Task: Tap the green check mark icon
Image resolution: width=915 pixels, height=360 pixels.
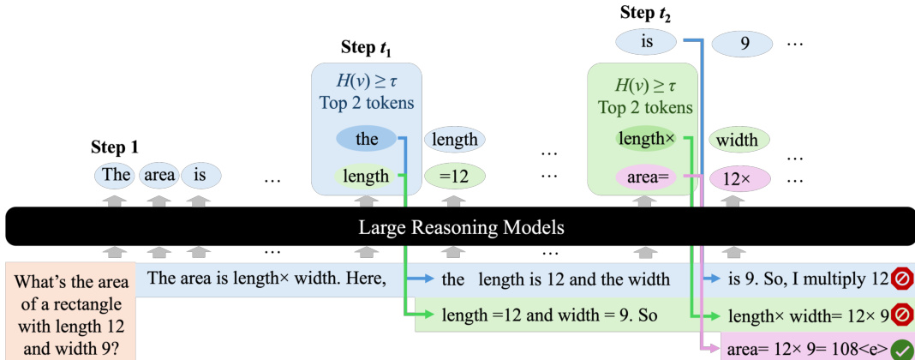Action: [x=900, y=349]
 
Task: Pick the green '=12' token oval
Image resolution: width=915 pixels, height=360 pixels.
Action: [x=455, y=177]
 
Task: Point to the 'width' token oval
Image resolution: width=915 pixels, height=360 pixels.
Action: [x=739, y=139]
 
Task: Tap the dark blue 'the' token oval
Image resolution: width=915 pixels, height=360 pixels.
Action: [x=366, y=139]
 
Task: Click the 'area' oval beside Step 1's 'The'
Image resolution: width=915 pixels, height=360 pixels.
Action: [x=158, y=176]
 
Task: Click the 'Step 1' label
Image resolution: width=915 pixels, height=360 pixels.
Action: [x=115, y=147]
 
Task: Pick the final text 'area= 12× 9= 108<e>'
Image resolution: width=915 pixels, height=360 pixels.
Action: [x=806, y=349]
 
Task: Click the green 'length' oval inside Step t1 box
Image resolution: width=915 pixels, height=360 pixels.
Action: [x=366, y=177]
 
